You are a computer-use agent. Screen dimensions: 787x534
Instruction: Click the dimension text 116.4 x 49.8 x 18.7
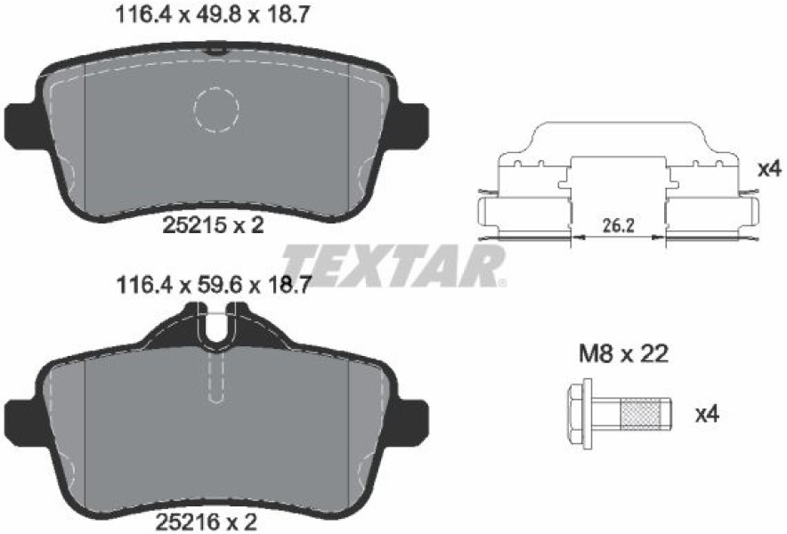tap(211, 15)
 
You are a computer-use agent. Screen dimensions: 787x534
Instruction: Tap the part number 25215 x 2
tap(214, 225)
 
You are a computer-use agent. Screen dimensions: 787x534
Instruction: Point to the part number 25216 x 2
tap(207, 522)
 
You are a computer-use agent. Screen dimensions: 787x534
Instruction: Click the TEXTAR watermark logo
tap(394, 266)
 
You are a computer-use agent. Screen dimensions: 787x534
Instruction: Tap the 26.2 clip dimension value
tap(619, 225)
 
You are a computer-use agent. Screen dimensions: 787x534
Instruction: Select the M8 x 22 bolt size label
tap(624, 354)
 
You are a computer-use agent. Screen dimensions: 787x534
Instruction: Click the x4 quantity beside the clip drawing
tap(769, 169)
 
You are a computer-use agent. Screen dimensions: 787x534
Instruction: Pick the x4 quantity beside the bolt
tap(707, 414)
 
